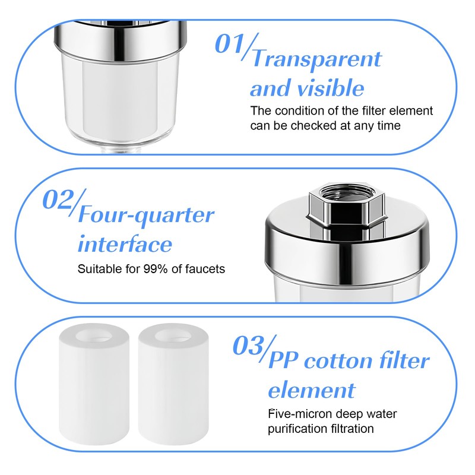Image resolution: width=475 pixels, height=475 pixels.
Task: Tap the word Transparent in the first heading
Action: [x=316, y=59]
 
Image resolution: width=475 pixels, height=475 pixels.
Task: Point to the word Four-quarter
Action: [x=145, y=214]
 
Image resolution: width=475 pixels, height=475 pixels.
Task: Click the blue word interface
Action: [x=125, y=244]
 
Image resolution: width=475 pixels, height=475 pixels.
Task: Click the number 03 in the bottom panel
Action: [x=248, y=345]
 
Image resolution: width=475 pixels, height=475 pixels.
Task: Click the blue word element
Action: [x=311, y=390]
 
